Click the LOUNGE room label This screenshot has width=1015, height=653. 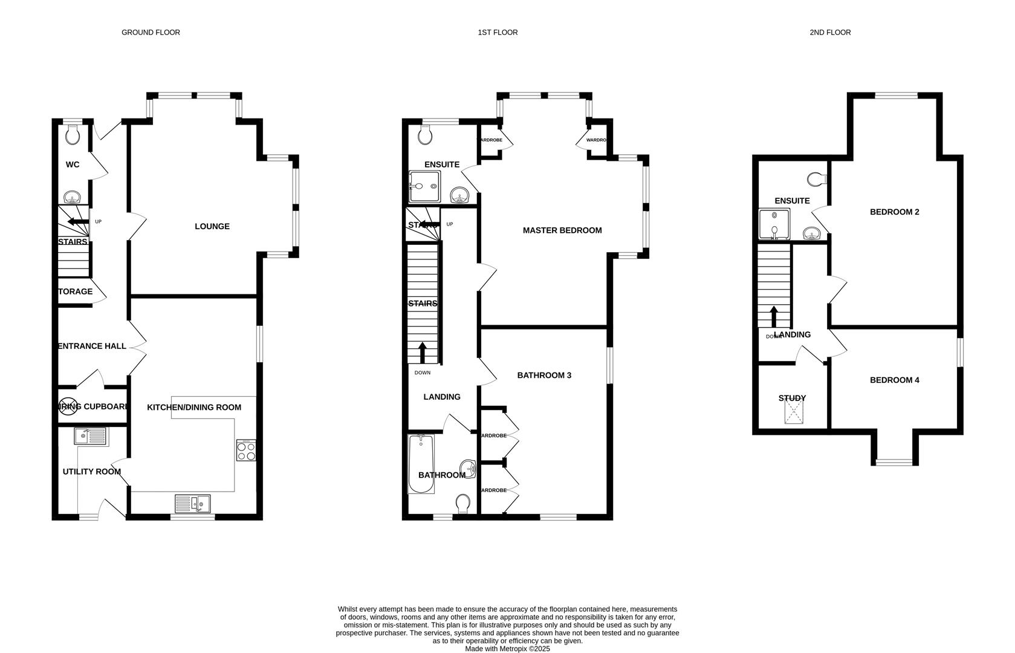pyautogui.click(x=212, y=227)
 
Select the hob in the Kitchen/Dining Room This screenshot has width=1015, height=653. pyautogui.click(x=246, y=450)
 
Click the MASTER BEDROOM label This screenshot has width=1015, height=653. pyautogui.click(x=562, y=230)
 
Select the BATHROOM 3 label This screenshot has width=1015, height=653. pyautogui.click(x=544, y=375)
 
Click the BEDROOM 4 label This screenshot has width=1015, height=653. pyautogui.click(x=894, y=380)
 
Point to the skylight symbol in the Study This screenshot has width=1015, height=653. pyautogui.click(x=794, y=413)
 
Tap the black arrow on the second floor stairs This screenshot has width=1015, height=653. pyautogui.click(x=774, y=316)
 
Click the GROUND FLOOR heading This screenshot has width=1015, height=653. pyautogui.click(x=151, y=33)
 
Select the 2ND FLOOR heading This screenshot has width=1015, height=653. pyautogui.click(x=830, y=33)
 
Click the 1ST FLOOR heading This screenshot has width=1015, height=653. pyautogui.click(x=498, y=33)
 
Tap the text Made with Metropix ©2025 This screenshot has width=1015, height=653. pyautogui.click(x=507, y=649)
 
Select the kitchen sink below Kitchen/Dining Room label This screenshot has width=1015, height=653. pyautogui.click(x=193, y=503)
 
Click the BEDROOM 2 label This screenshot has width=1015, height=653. pyautogui.click(x=894, y=212)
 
